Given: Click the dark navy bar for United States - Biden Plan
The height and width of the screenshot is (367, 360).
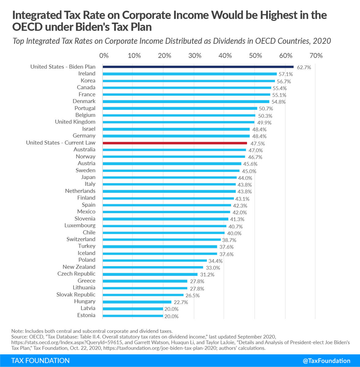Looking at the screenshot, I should point(198,67).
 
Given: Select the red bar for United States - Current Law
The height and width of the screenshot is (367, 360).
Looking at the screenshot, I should point(175,143).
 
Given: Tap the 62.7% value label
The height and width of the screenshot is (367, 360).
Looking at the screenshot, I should point(304,67).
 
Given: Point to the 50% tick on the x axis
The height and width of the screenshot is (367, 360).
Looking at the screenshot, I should point(255,56).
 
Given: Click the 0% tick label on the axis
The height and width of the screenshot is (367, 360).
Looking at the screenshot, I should point(104,56).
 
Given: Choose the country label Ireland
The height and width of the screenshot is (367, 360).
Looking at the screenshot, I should point(87,74).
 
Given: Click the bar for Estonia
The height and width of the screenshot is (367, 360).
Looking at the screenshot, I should point(133,316).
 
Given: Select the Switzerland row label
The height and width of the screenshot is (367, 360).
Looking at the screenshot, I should point(81,239).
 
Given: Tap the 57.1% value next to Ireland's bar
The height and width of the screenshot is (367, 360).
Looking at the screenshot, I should point(286,74).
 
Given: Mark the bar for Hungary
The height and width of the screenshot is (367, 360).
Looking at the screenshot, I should point(137,302).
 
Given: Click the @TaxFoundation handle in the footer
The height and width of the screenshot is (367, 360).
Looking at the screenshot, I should point(327,361).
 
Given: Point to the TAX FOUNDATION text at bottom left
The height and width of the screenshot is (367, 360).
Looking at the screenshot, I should point(40,361).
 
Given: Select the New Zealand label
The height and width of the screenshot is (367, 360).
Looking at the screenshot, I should point(79,267).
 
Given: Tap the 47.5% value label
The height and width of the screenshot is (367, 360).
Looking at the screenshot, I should point(257,143).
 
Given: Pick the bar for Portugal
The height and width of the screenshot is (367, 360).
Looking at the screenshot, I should point(180,108).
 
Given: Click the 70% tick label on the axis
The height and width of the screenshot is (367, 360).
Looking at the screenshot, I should point(316,56).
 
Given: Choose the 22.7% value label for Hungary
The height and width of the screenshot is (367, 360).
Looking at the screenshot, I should point(181,302).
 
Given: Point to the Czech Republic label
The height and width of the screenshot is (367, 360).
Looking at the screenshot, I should point(76,274).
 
